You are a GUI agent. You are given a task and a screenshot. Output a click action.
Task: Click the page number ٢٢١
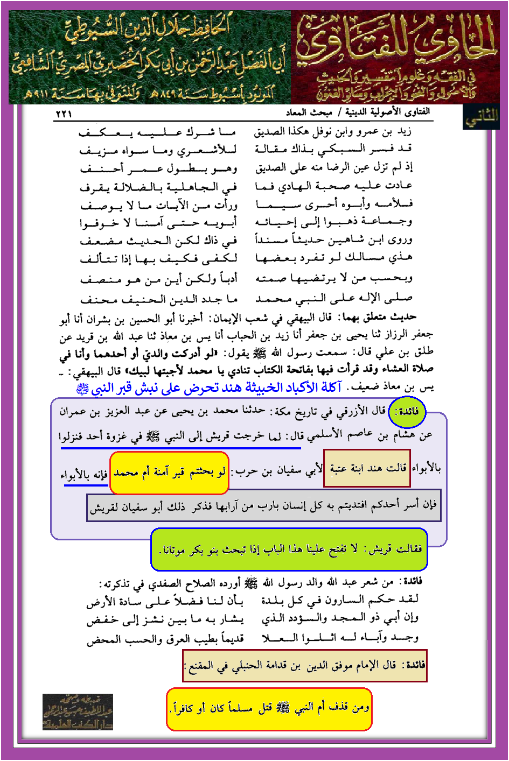point(64,114)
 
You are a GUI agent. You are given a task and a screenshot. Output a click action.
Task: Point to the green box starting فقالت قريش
point(289,549)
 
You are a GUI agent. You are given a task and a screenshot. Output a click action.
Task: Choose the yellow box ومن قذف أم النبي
point(269,709)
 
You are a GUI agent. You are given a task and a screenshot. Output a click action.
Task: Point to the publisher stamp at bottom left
point(78,711)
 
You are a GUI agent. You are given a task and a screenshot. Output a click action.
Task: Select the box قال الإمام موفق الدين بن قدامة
point(305,666)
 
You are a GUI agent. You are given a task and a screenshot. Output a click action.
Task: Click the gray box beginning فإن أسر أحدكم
point(263,506)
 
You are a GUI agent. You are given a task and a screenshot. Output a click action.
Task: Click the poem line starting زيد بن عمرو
point(333,132)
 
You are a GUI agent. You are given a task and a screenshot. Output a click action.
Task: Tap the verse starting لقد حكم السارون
point(339,600)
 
